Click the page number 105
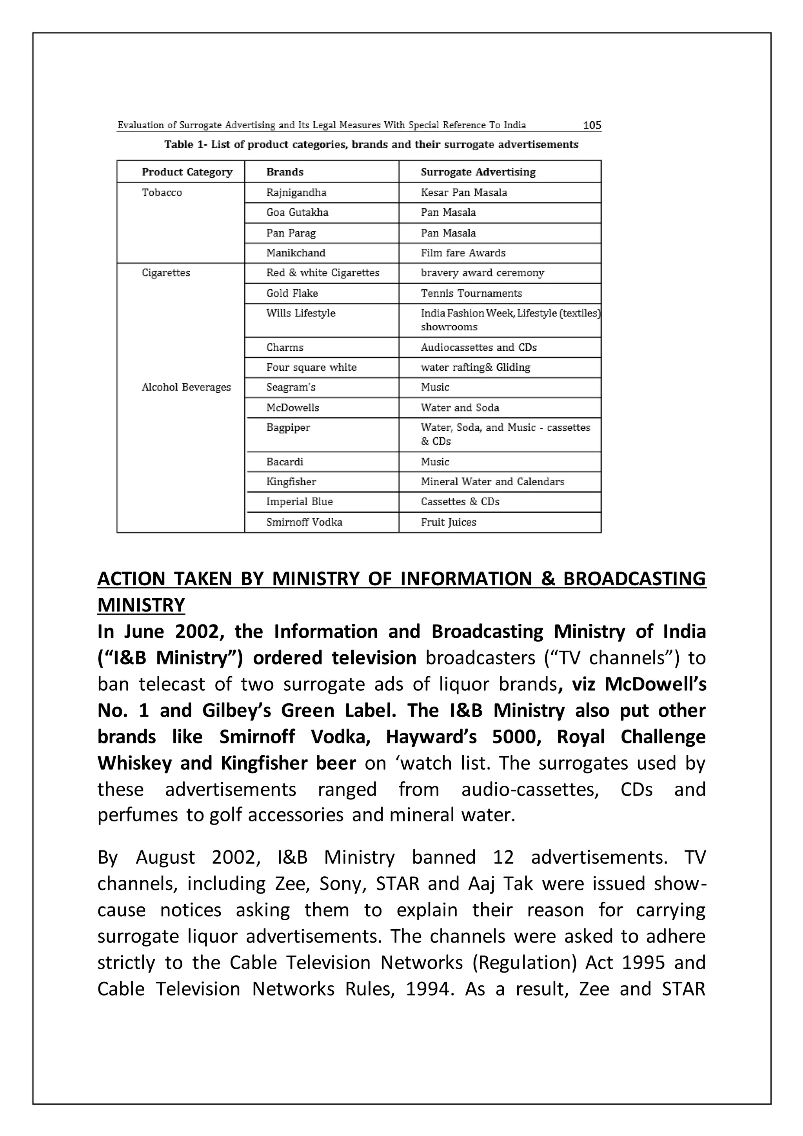[592, 125]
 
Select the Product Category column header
[187, 172]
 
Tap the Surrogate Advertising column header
[478, 172]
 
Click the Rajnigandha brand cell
[296, 193]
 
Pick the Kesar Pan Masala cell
[463, 193]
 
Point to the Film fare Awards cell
[463, 253]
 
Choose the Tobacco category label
[162, 193]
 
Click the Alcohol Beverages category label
[186, 388]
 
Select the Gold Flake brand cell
[292, 293]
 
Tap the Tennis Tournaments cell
[471, 293]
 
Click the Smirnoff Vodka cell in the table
[304, 522]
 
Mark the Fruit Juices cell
[448, 522]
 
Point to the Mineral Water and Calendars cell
[492, 482]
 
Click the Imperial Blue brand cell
[299, 502]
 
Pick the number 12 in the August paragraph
[503, 857]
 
